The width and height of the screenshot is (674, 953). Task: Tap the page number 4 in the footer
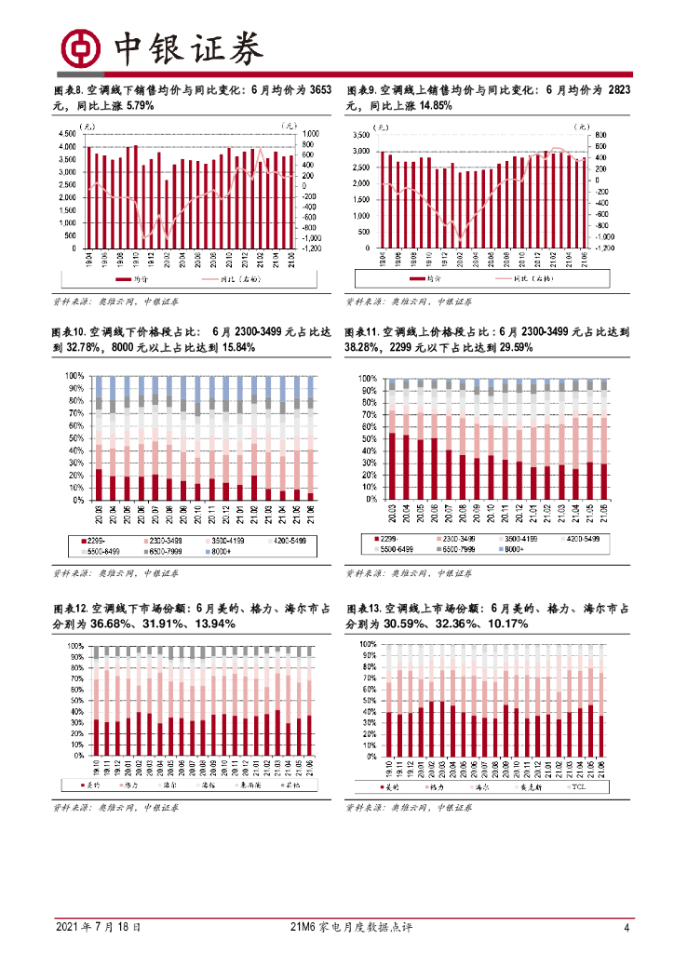(626, 928)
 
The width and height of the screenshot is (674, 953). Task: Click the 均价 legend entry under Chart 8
(134, 279)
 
